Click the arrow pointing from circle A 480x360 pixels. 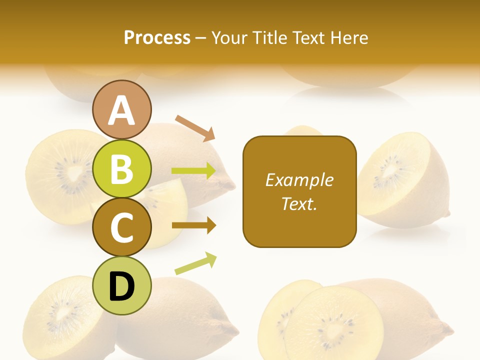(195, 128)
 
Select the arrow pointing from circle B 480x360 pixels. (194, 171)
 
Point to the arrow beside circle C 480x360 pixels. (194, 225)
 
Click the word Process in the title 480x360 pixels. (157, 38)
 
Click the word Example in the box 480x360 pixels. (299, 180)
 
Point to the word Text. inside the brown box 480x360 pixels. (299, 203)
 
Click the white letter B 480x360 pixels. (122, 169)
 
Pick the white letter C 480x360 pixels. (122, 228)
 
